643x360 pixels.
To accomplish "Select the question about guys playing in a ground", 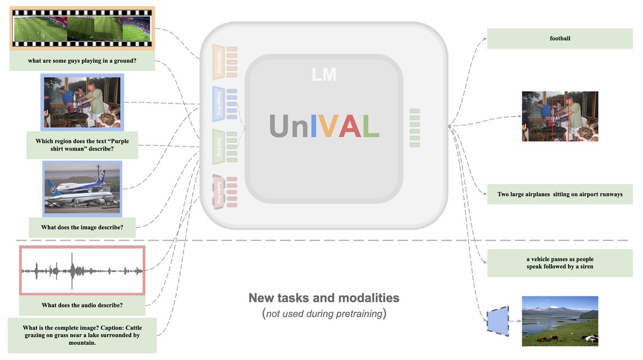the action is tap(82, 61).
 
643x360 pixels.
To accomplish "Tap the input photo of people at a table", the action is tap(82, 102).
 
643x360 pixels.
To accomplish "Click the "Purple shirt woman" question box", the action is tap(82, 145).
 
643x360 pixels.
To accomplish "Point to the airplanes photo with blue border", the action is tap(82, 188).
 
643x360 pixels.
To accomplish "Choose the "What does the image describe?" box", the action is tap(82, 227).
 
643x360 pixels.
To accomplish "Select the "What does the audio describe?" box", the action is tap(82, 305).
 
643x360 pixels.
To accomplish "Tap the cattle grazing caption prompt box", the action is tap(82, 335).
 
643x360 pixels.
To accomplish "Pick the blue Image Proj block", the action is tap(218, 103).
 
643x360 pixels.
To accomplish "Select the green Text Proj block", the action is tap(218, 146).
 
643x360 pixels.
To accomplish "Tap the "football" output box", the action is tap(560, 39).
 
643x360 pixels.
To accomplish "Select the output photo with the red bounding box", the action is tap(559, 116).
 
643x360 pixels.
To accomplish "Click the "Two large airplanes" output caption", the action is tap(560, 194).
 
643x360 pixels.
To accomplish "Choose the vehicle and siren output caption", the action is tap(560, 263).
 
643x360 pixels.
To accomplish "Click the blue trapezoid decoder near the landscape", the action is tap(497, 321).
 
